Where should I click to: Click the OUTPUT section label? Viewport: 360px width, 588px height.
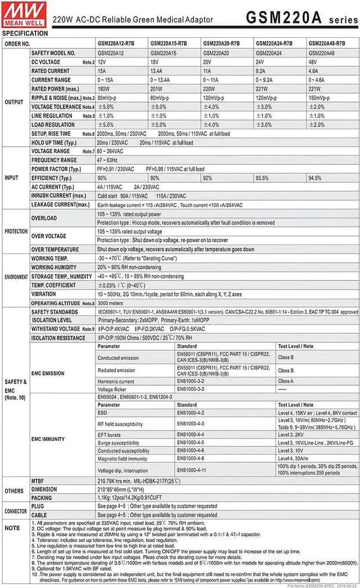pyautogui.click(x=14, y=102)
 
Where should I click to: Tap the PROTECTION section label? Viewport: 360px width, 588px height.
pyautogui.click(x=16, y=232)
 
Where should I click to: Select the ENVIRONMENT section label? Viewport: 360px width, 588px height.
pyautogui.click(x=16, y=277)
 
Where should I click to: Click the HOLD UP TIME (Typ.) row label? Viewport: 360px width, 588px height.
pyautogui.click(x=53, y=143)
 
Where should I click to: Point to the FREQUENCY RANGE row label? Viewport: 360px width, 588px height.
pyautogui.click(x=53, y=160)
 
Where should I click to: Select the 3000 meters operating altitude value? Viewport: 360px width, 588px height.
pyautogui.click(x=111, y=303)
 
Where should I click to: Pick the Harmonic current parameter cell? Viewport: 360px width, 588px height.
pyautogui.click(x=116, y=381)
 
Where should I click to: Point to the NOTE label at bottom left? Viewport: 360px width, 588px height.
pyautogui.click(x=12, y=528)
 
